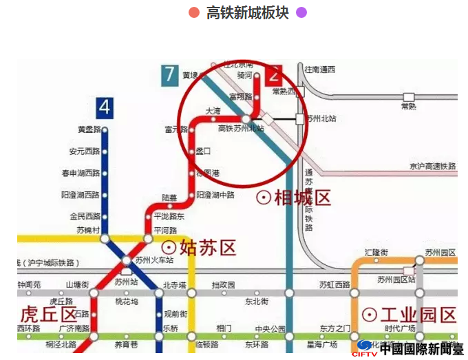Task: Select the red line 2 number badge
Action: [273, 74]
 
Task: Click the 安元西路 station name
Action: [84, 151]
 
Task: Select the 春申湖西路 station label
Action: [81, 173]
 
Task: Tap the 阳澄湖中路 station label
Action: [215, 195]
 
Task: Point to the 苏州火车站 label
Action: [154, 260]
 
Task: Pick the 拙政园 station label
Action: [224, 284]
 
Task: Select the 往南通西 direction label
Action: [319, 69]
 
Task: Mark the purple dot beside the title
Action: [301, 12]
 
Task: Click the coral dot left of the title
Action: [194, 12]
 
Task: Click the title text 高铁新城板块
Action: [247, 12]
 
